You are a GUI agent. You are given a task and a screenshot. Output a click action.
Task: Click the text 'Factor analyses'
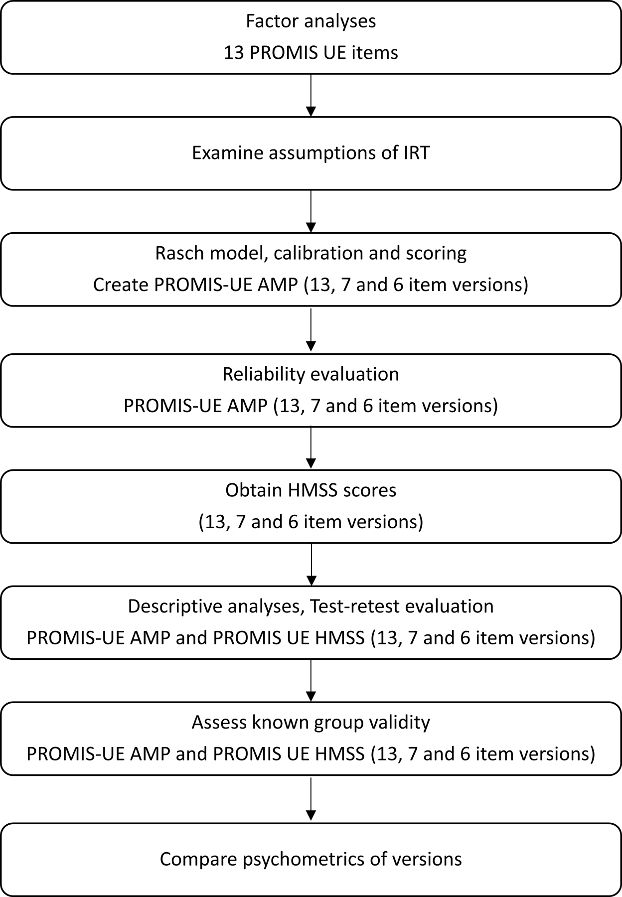click(x=311, y=21)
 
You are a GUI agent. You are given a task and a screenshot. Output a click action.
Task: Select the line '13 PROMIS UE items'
click(x=311, y=53)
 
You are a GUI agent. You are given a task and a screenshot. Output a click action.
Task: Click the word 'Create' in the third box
click(x=121, y=285)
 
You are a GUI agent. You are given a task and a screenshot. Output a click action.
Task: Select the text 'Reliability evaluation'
click(x=311, y=374)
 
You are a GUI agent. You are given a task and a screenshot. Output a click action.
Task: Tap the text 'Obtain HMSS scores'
click(x=311, y=490)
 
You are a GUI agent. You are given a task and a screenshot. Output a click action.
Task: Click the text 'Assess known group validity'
click(x=311, y=723)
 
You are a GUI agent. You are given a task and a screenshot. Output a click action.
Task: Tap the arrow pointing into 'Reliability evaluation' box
click(x=311, y=330)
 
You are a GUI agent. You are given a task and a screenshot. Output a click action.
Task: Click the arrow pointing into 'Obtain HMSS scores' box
click(x=311, y=448)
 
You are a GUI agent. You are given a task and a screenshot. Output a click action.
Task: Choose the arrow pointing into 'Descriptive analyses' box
click(x=311, y=564)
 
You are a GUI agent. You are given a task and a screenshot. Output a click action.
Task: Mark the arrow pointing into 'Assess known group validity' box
click(x=311, y=680)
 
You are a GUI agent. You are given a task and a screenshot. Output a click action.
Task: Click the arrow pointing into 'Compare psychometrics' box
click(x=311, y=799)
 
